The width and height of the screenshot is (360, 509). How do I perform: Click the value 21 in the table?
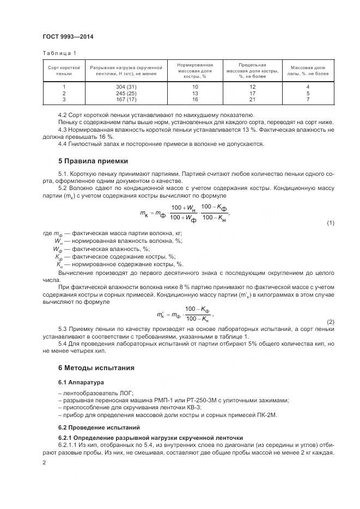(252, 99)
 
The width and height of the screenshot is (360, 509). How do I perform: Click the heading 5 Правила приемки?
(93, 161)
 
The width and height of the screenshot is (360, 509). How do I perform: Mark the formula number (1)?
(330, 224)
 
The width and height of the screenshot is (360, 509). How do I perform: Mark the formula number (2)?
(330, 322)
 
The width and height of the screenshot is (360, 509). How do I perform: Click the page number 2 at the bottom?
(44, 462)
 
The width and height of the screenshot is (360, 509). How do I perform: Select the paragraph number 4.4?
(63, 144)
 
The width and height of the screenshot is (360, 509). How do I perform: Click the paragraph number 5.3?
(63, 329)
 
